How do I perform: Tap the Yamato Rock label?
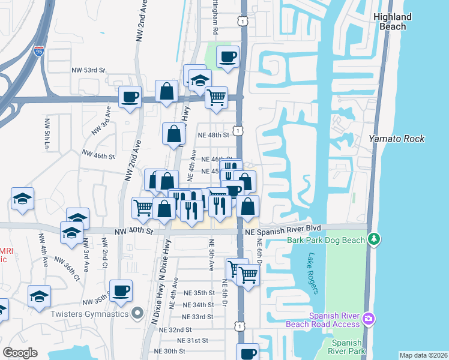397,139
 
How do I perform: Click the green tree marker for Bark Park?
375,240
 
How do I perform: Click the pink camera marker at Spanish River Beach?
369,317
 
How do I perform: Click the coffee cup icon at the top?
228,56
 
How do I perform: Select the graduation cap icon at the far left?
22,198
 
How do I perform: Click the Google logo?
20,353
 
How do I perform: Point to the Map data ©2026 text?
423,355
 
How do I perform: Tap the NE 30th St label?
169,351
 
